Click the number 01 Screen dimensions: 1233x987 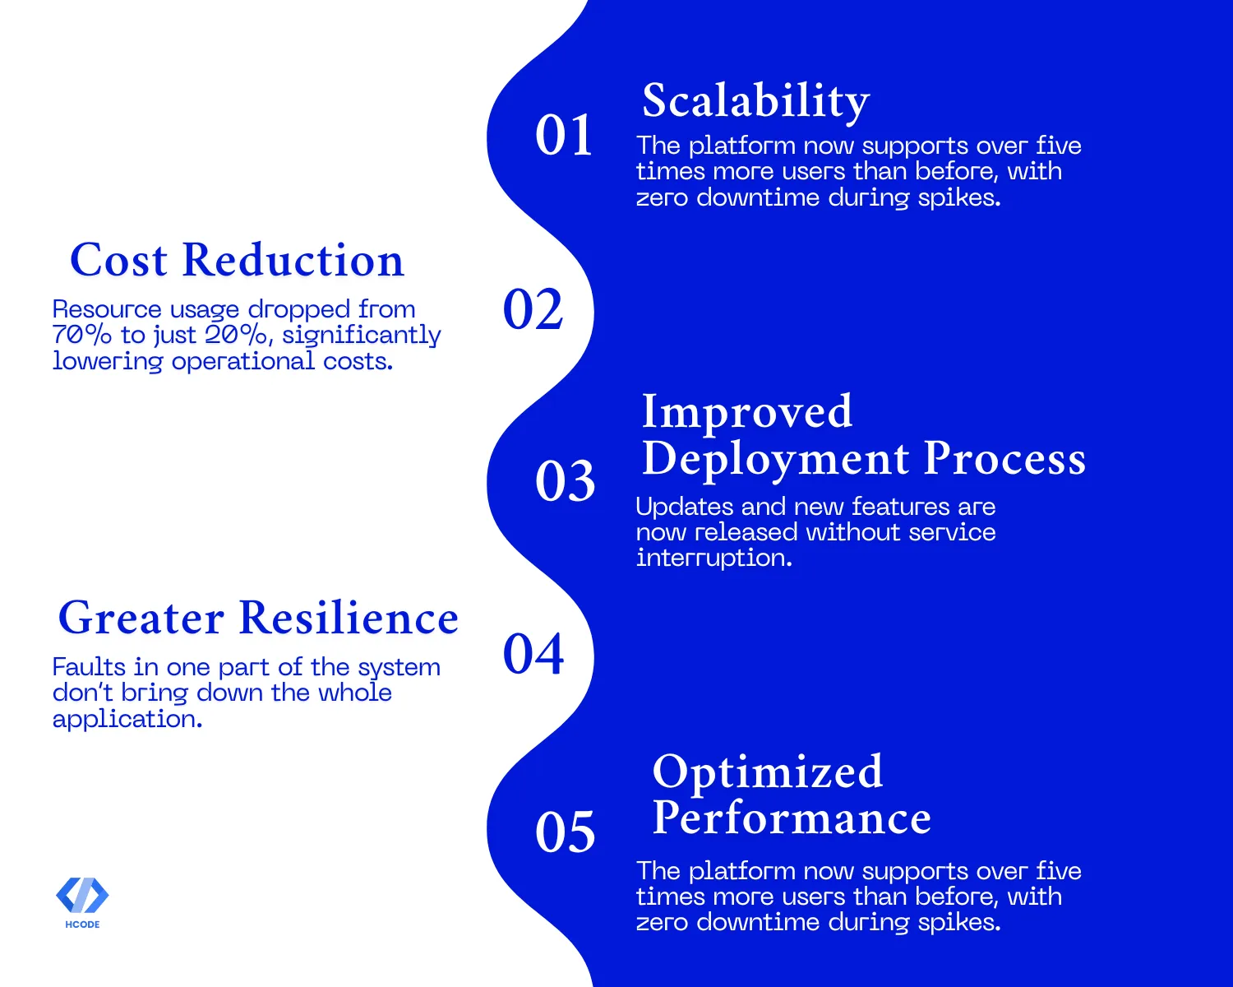click(564, 136)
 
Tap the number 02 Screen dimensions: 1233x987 click(533, 309)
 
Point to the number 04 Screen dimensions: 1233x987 click(533, 654)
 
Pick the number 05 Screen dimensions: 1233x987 click(565, 832)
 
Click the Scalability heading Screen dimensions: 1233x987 click(755, 101)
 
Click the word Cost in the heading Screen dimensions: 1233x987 click(118, 260)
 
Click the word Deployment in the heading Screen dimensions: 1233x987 click(775, 460)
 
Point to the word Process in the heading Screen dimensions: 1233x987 click(1005, 459)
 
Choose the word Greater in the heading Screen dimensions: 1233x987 click(141, 619)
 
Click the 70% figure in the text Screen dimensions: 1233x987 click(81, 335)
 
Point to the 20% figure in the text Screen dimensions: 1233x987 click(235, 335)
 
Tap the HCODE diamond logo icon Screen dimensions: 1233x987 click(82, 895)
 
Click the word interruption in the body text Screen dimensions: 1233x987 click(713, 558)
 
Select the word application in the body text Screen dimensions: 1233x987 click(127, 720)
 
